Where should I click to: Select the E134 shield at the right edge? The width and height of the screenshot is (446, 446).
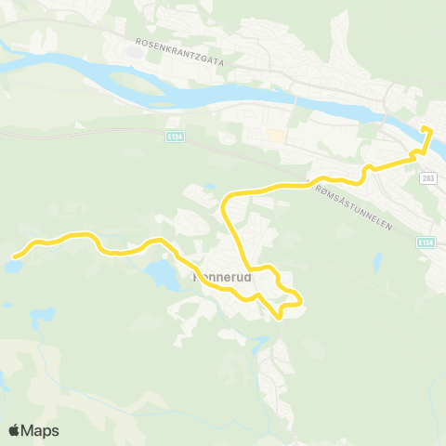point(426,242)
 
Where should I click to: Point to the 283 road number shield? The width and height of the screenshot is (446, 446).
point(427,178)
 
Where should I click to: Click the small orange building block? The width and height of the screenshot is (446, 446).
point(276,137)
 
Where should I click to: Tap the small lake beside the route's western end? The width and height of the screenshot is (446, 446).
point(12,267)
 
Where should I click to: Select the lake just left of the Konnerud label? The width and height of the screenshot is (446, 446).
point(160,274)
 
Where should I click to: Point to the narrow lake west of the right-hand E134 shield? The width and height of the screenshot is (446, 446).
point(378,263)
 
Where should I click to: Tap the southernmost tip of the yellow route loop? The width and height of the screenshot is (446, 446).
point(280,318)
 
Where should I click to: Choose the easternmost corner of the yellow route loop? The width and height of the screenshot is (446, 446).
point(301,299)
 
